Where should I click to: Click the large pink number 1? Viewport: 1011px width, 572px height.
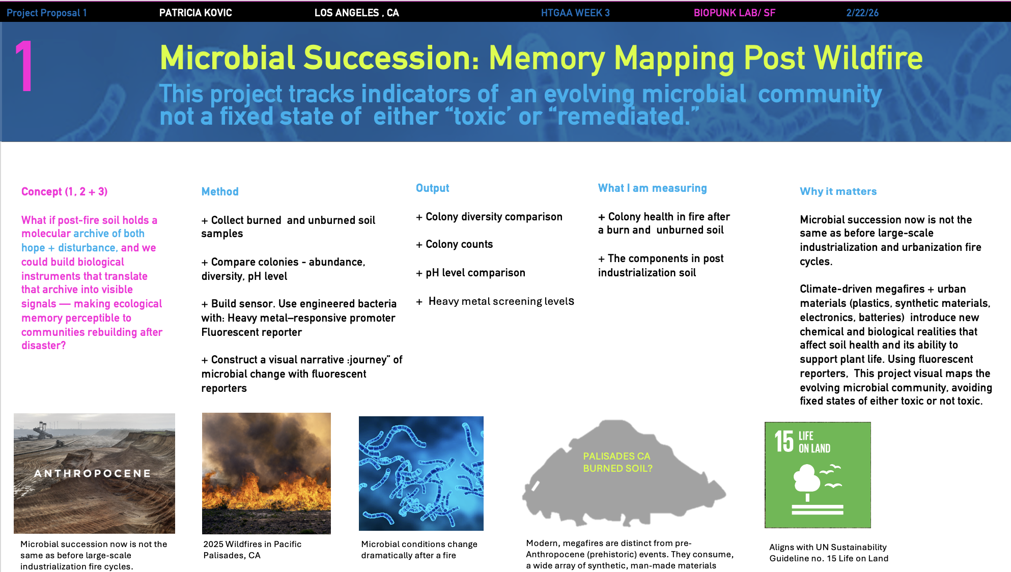[24, 67]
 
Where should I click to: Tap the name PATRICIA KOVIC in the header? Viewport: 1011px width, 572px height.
[195, 13]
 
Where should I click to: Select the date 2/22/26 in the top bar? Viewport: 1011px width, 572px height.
[862, 13]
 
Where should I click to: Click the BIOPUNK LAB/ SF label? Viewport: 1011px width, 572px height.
[734, 13]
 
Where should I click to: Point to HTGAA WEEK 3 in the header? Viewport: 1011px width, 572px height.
[575, 13]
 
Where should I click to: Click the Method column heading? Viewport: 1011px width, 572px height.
[220, 192]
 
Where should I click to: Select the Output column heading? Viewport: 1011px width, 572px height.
[432, 188]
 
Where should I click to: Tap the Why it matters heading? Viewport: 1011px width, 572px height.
[838, 192]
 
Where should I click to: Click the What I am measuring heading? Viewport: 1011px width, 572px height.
[652, 188]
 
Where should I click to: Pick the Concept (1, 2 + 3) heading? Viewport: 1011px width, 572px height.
[64, 192]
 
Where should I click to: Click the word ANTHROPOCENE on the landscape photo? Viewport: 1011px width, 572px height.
[93, 474]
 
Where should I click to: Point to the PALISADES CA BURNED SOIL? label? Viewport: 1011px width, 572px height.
[617, 462]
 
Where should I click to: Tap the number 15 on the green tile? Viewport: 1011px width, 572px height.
[784, 441]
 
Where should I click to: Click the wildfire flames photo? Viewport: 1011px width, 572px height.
[266, 473]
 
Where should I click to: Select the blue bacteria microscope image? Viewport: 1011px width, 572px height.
[421, 473]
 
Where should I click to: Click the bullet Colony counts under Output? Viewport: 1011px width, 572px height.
[459, 244]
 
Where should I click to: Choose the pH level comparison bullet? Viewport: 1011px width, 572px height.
[475, 273]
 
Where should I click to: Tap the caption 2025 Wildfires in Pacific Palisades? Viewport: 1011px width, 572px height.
[252, 550]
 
